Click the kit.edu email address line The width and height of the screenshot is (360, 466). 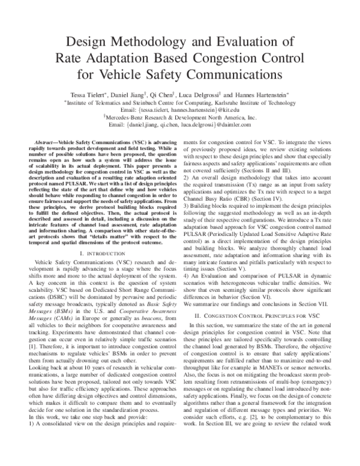click(x=180, y=110)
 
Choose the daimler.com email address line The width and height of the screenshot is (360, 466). click(x=180, y=127)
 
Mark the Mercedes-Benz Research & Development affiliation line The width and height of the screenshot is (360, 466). click(x=180, y=119)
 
